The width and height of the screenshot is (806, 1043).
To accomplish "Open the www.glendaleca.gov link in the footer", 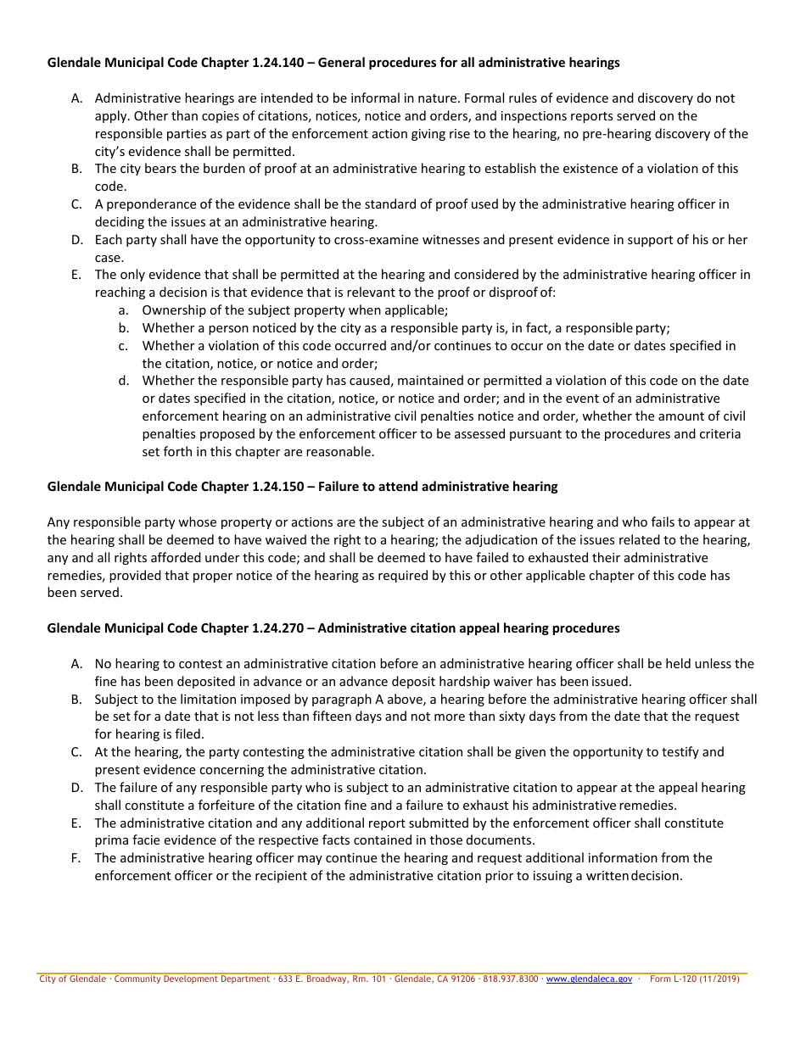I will (589, 979).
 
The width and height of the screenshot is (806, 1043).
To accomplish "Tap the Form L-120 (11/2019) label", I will (694, 979).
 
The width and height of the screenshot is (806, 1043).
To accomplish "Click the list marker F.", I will (76, 858).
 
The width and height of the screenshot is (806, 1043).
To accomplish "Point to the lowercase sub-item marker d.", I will (124, 381).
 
